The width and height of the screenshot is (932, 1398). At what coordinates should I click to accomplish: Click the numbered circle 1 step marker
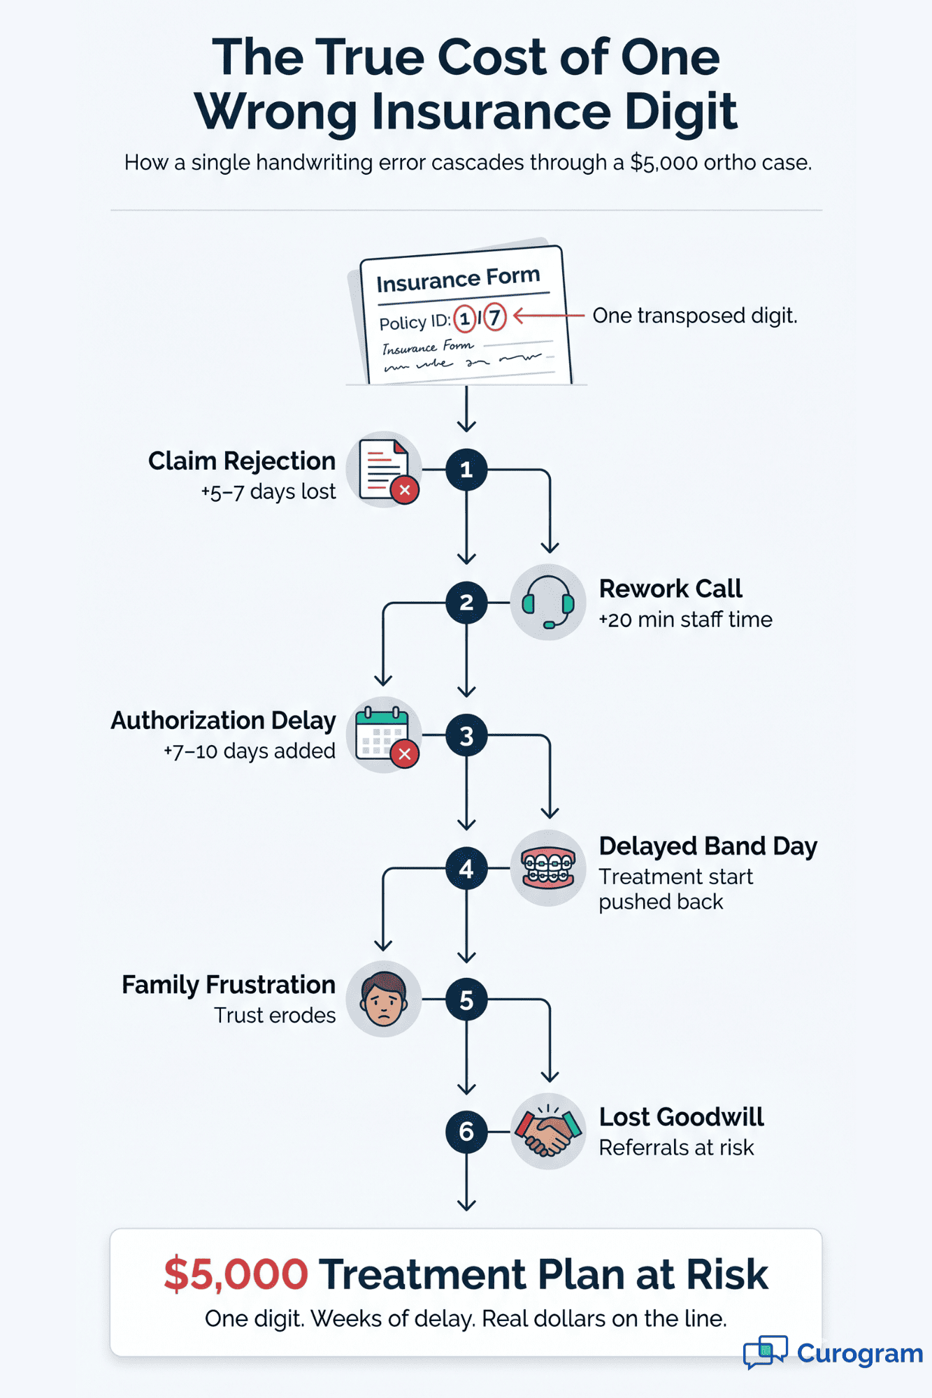(x=466, y=470)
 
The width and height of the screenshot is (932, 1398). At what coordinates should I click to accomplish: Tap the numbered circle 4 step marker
(x=466, y=868)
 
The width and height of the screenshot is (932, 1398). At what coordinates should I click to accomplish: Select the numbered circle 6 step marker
(x=466, y=1131)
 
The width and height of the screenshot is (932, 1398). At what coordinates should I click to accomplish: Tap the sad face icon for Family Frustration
(x=384, y=999)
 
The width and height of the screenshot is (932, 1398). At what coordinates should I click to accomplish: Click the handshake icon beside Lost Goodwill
(x=548, y=1131)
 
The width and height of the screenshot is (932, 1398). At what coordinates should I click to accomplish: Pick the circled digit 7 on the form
(x=494, y=317)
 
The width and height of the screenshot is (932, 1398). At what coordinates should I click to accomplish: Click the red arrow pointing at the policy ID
(x=548, y=316)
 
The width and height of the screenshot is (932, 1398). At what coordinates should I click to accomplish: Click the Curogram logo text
(x=859, y=1353)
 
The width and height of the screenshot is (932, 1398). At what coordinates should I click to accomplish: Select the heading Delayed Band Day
(x=708, y=846)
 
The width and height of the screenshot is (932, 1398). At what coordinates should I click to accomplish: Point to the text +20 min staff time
(x=685, y=619)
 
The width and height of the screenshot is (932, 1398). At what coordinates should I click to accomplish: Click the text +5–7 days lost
(x=268, y=491)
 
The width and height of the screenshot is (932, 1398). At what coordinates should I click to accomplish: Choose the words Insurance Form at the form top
(x=458, y=280)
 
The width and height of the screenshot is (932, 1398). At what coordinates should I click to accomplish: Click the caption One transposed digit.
(x=694, y=315)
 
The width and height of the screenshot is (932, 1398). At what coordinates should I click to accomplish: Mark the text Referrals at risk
(x=676, y=1148)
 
